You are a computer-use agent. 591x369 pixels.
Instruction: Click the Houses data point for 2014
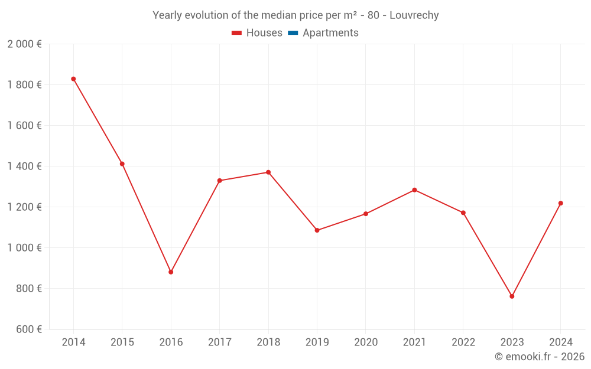pyautogui.click(x=73, y=79)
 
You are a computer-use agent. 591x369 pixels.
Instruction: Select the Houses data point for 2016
pyautogui.click(x=171, y=272)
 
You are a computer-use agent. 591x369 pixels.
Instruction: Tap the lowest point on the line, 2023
pyautogui.click(x=512, y=296)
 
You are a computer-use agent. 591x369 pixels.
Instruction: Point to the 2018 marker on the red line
pyautogui.click(x=268, y=172)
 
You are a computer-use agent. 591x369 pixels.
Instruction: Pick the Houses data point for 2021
pyautogui.click(x=414, y=190)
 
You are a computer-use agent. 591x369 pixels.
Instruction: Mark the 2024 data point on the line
pyautogui.click(x=561, y=203)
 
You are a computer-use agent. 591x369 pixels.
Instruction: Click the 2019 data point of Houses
pyautogui.click(x=317, y=230)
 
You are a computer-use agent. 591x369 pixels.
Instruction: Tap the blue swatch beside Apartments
pyautogui.click(x=293, y=33)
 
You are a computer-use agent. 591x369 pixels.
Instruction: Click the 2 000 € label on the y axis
pyautogui.click(x=24, y=44)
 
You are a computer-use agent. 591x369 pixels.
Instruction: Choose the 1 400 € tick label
pyautogui.click(x=24, y=166)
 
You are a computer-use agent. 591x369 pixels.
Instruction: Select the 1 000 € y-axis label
pyautogui.click(x=24, y=248)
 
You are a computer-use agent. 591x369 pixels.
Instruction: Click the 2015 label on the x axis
pyautogui.click(x=122, y=342)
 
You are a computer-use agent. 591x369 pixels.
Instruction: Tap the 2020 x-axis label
pyautogui.click(x=366, y=342)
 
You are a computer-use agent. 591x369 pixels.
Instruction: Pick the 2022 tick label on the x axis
pyautogui.click(x=463, y=342)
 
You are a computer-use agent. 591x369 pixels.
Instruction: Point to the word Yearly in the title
pyautogui.click(x=168, y=15)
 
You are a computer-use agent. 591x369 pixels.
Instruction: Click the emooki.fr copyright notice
pyautogui.click(x=540, y=357)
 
